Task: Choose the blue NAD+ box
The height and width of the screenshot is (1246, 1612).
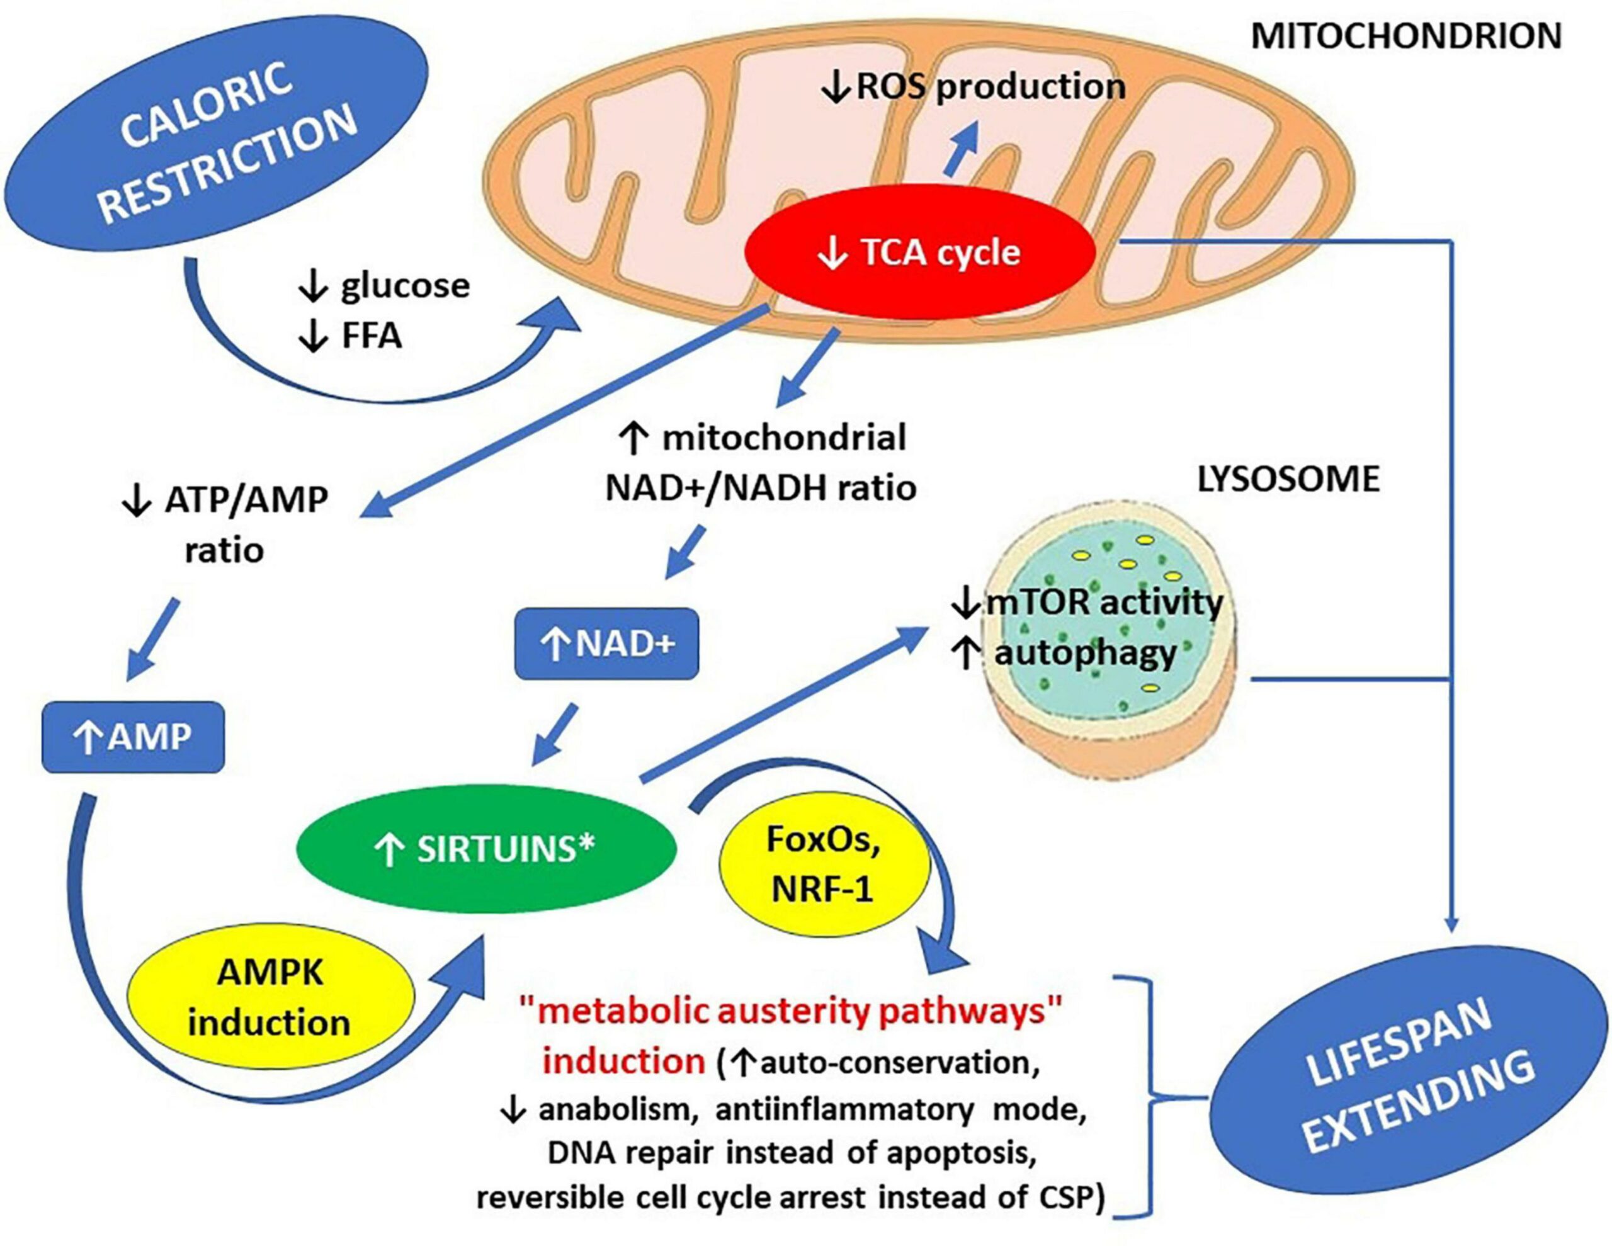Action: tap(606, 643)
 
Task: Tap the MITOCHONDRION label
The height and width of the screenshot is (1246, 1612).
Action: tap(1406, 36)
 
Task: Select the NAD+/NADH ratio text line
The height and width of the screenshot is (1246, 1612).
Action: tap(761, 488)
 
